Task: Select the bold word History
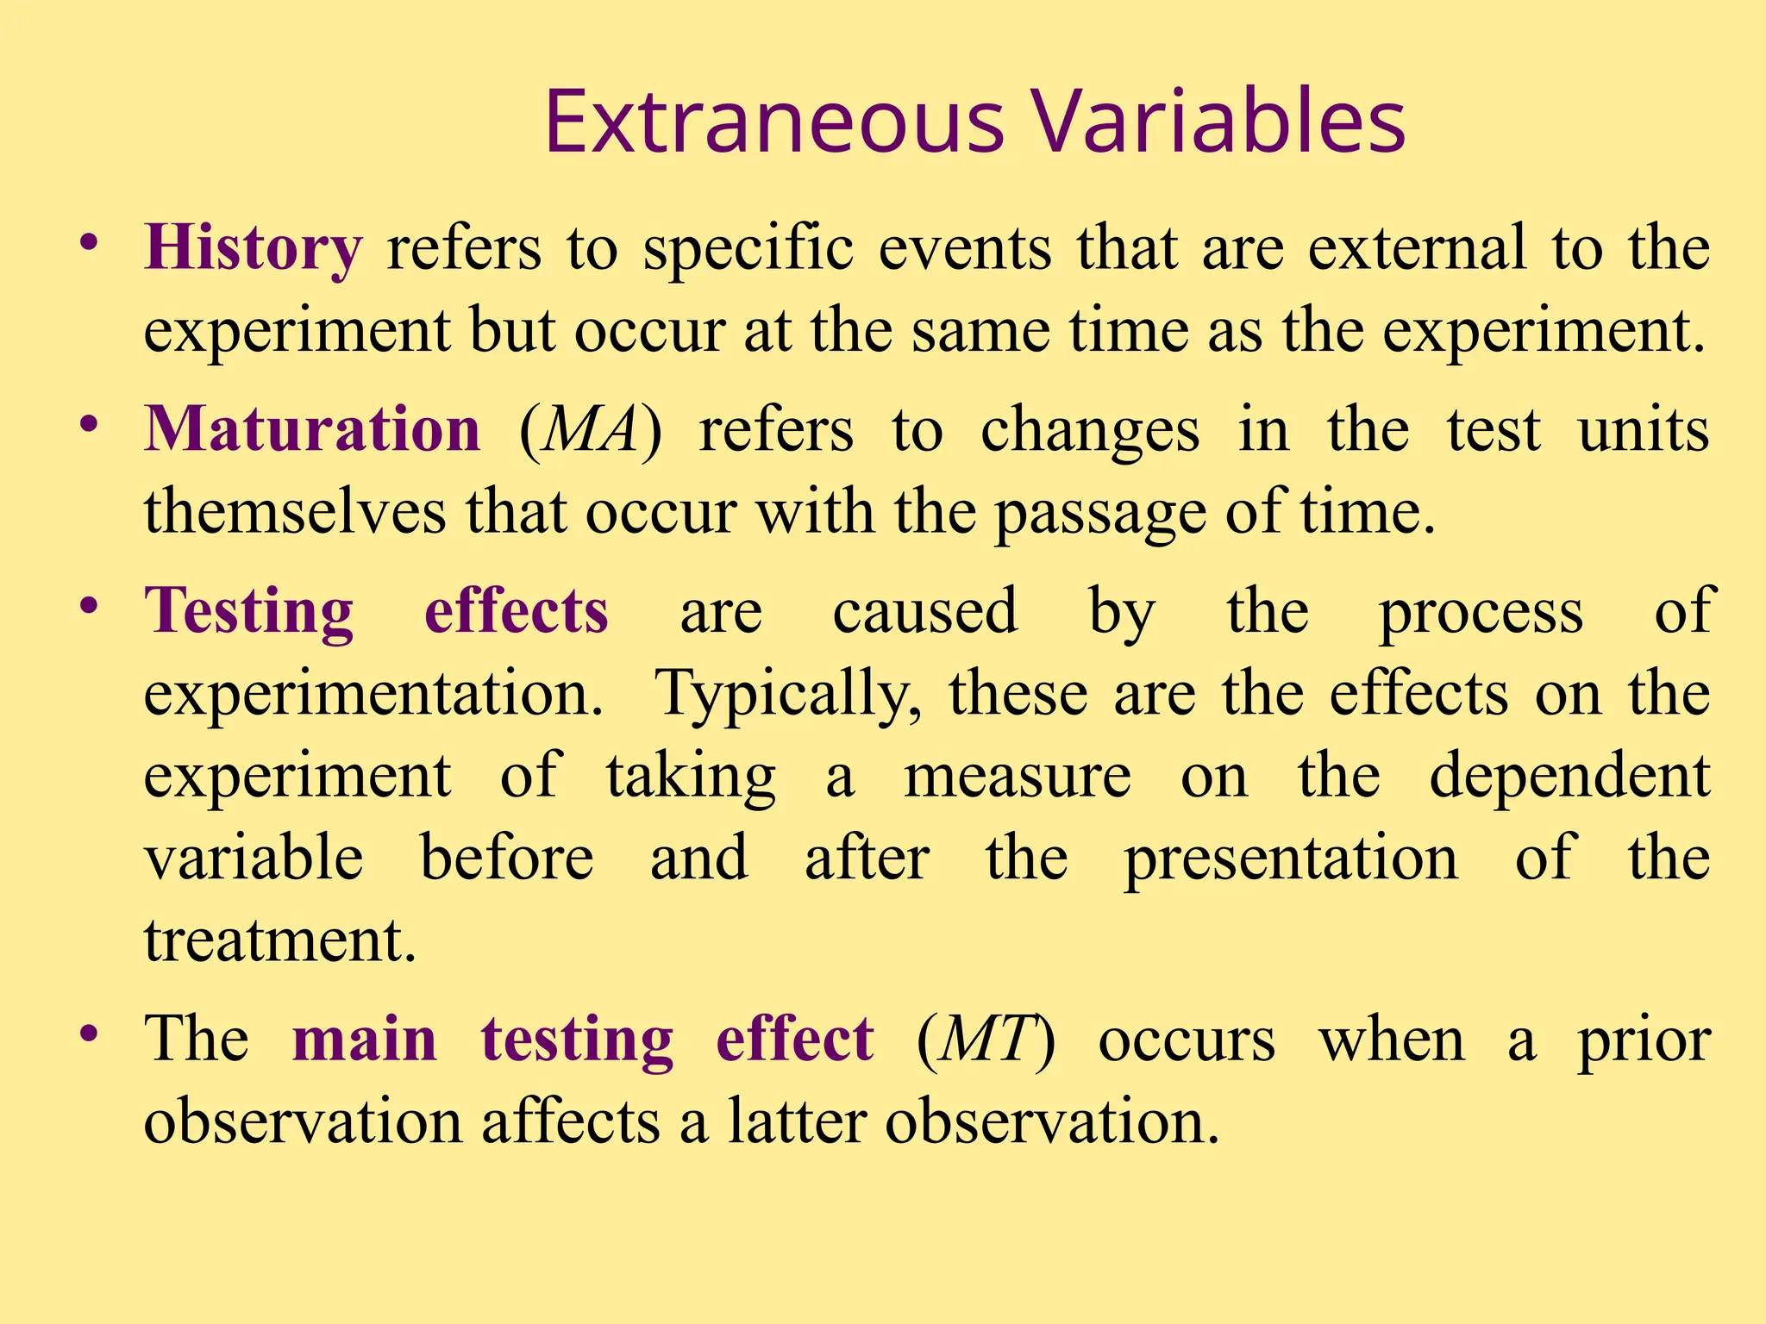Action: [254, 248]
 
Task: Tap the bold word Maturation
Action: [312, 429]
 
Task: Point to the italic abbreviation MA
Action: [591, 429]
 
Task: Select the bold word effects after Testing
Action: [517, 610]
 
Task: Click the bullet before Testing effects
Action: [88, 605]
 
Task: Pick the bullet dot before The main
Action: [88, 1034]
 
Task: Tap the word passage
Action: [1100, 514]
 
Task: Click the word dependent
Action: [1569, 776]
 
